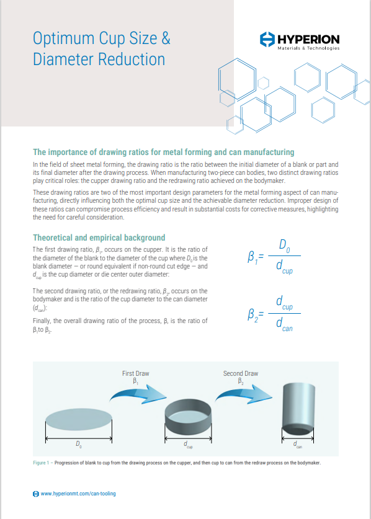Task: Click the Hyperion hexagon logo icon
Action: tap(266, 40)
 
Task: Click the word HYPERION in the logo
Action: tap(308, 39)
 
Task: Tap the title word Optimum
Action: tap(64, 38)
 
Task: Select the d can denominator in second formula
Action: tap(285, 324)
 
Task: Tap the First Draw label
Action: tap(135, 373)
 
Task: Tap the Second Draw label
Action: tap(240, 373)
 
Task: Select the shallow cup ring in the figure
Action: tap(187, 414)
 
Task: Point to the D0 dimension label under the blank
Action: tap(78, 445)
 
